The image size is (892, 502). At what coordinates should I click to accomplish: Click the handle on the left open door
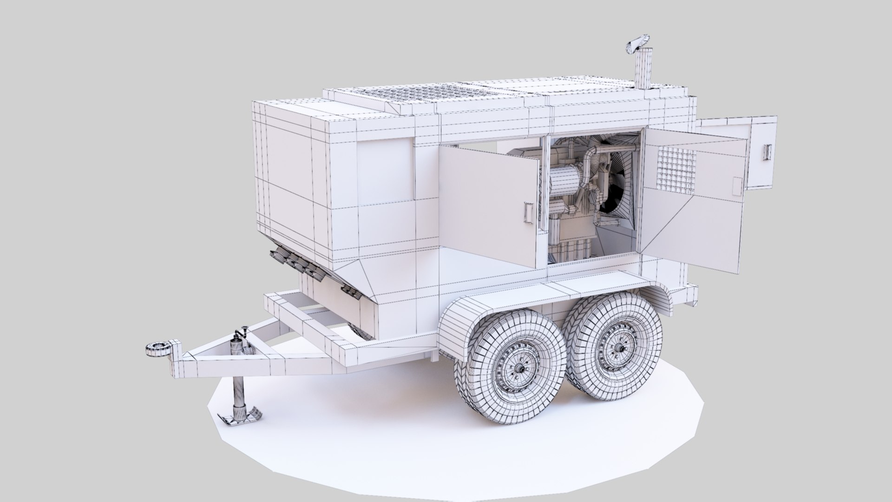[x=528, y=213]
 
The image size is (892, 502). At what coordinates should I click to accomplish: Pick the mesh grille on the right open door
[x=676, y=169]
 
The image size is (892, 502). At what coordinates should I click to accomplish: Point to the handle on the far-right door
[x=768, y=151]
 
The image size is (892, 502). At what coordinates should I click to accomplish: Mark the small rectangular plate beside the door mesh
[x=737, y=186]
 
